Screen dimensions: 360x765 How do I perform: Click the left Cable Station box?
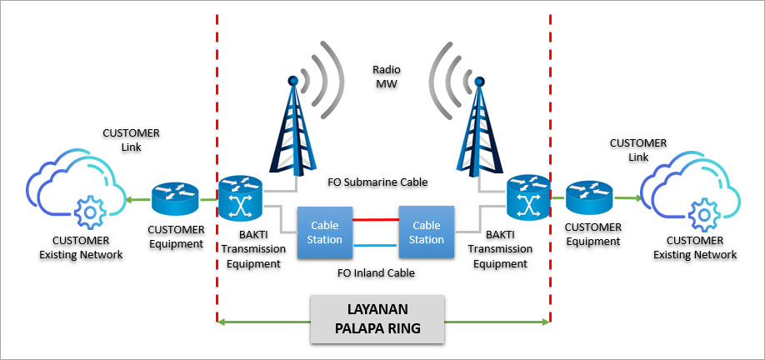pos(326,232)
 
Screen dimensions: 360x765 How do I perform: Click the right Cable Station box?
pos(427,232)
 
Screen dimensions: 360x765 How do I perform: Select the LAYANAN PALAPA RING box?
pos(377,319)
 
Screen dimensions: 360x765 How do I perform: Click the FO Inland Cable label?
pos(375,272)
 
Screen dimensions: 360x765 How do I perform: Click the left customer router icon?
pos(175,200)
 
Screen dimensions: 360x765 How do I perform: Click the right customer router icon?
pos(590,200)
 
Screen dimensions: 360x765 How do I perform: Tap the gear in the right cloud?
pos(700,214)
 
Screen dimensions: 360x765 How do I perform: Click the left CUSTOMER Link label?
pos(131,140)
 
